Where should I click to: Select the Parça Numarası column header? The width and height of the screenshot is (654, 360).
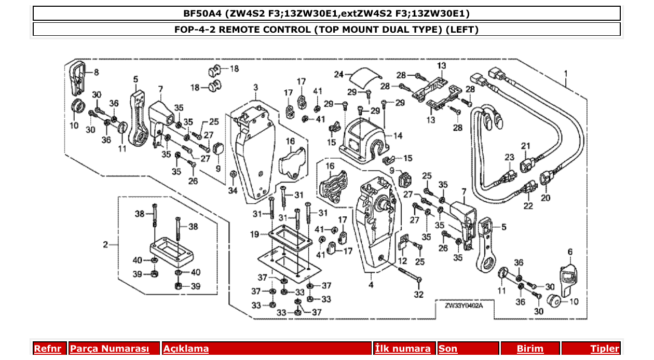point(110,349)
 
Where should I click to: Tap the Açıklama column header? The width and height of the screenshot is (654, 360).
point(186,349)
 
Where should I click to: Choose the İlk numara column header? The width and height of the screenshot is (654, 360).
point(403,349)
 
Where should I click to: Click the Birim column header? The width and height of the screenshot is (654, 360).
point(529,349)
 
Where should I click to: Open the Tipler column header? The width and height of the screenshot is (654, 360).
point(604,349)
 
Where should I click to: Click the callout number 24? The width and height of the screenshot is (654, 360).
point(339,75)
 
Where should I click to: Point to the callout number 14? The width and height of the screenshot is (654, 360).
point(398,136)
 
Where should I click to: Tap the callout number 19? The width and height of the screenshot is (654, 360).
point(254,234)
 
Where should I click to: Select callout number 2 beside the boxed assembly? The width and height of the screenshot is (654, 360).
point(105,244)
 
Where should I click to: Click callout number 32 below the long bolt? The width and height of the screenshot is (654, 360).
point(418,295)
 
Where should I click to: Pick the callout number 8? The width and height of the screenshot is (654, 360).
point(96,71)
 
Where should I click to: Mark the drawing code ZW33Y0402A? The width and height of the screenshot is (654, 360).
point(464,306)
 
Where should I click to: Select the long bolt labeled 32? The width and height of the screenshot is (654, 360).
point(410,275)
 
